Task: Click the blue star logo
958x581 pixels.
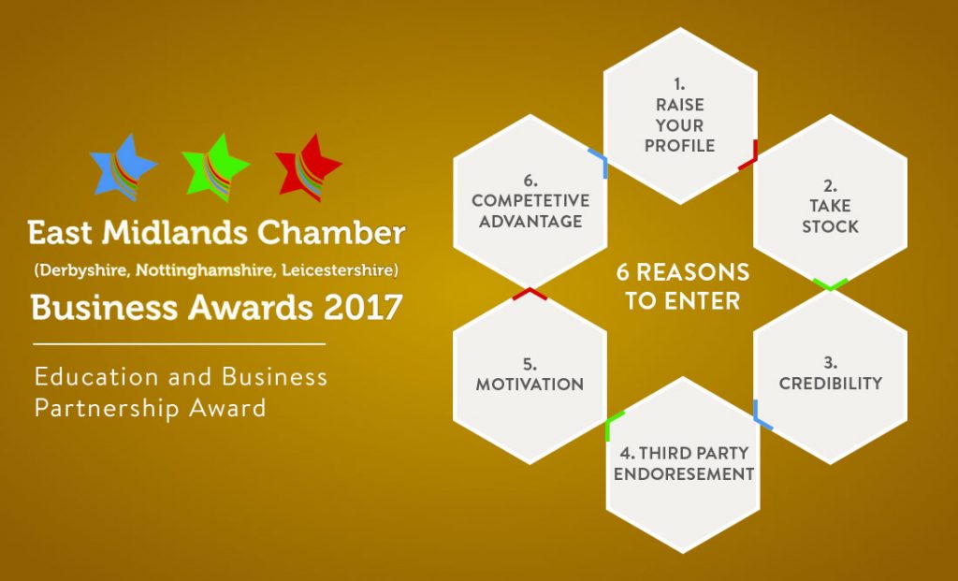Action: (123, 167)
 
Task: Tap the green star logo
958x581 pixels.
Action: (215, 167)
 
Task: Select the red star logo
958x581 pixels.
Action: (308, 167)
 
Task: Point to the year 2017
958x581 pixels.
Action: (363, 307)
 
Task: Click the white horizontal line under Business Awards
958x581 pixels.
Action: (179, 344)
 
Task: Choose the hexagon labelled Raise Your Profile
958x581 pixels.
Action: (680, 116)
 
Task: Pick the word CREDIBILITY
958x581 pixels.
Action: (831, 383)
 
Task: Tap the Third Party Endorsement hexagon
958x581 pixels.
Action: (683, 465)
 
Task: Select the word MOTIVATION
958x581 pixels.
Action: (530, 385)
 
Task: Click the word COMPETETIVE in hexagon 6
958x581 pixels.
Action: (530, 200)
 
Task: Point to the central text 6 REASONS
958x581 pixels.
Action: (682, 272)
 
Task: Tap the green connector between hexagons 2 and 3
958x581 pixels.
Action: (831, 284)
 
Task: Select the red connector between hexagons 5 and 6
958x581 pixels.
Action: (530, 293)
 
